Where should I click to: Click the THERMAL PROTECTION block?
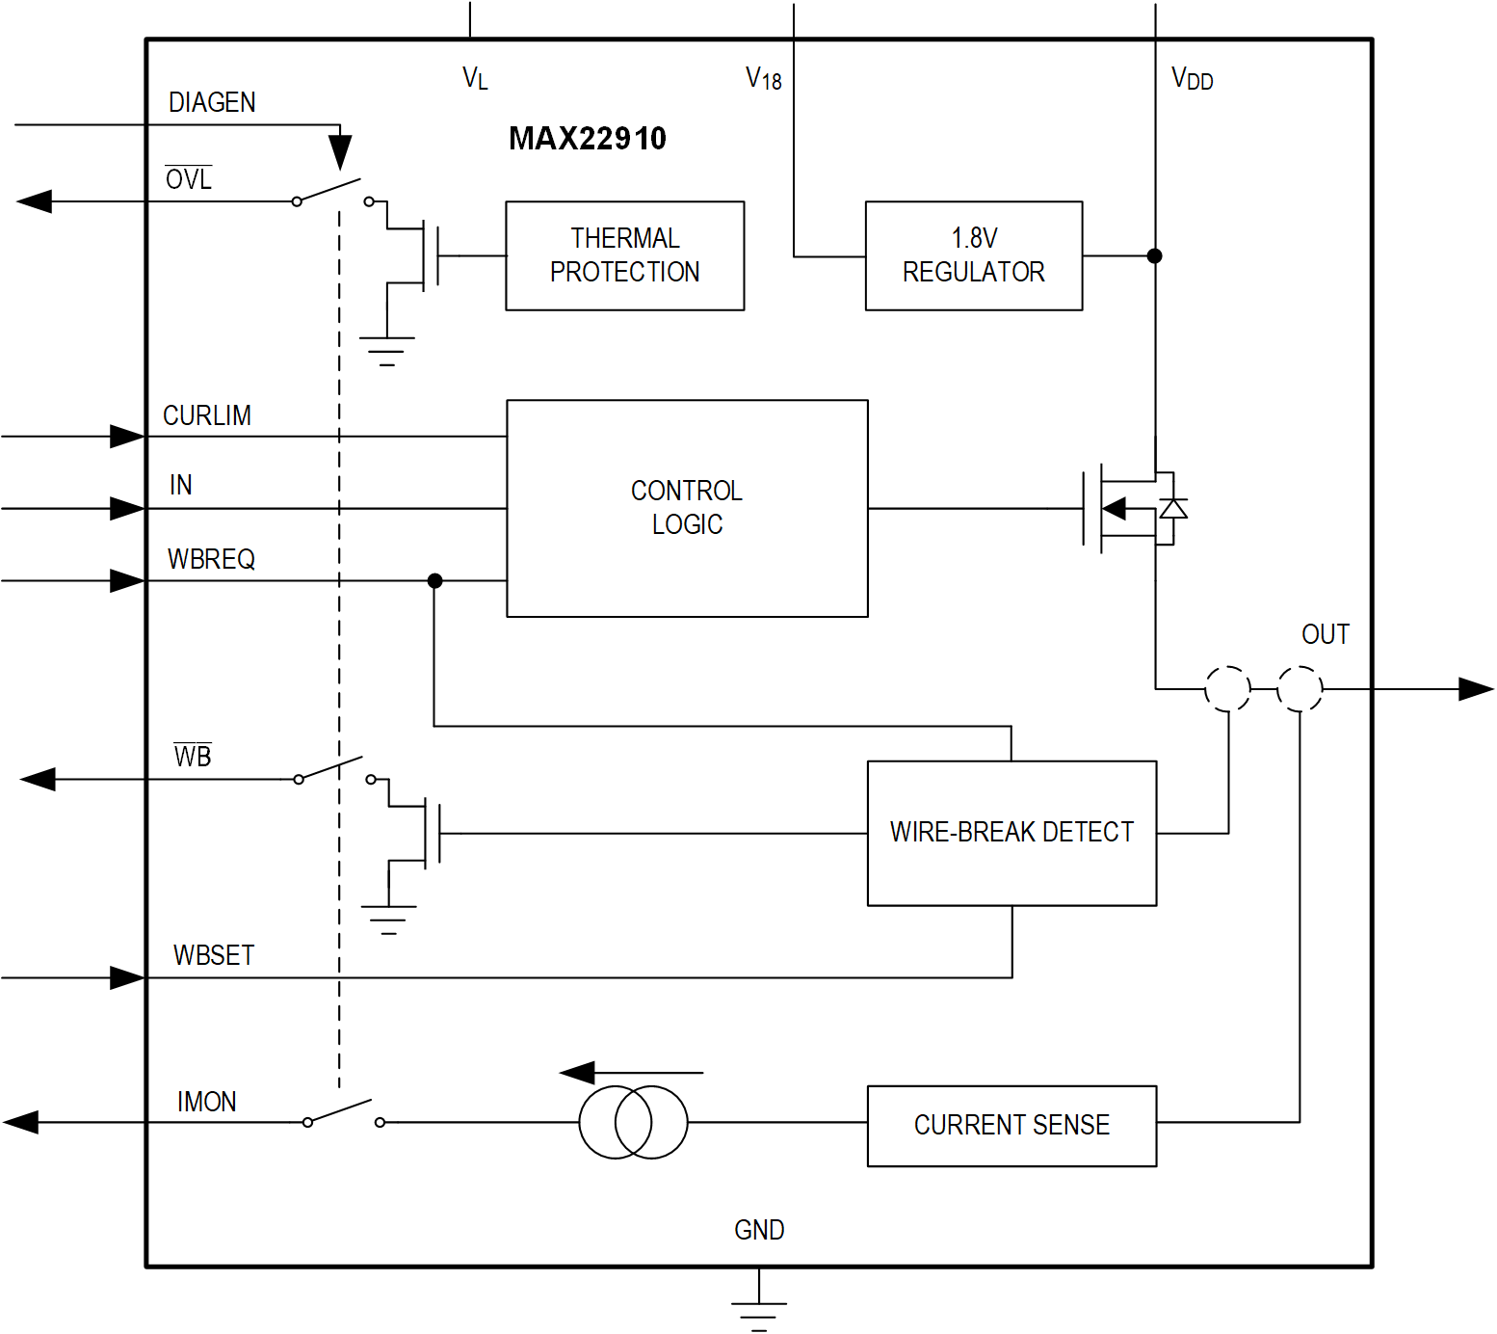[624, 255]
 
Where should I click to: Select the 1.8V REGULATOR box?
[973, 255]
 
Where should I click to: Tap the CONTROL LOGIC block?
[687, 508]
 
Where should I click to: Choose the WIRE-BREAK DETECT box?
[1011, 833]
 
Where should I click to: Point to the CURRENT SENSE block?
[1011, 1125]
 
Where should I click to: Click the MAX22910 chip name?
[587, 139]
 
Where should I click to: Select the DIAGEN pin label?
[212, 102]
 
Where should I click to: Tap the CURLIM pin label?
[207, 415]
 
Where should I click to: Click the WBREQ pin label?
[211, 559]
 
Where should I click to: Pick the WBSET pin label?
[214, 955]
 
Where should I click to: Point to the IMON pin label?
[206, 1102]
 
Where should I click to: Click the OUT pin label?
[1325, 634]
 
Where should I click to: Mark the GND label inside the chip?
[759, 1230]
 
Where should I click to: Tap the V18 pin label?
[764, 79]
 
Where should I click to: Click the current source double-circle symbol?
[633, 1122]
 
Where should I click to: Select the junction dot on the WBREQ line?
[434, 580]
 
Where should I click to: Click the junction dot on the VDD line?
[1154, 255]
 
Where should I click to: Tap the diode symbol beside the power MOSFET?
[1172, 508]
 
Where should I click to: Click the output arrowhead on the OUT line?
[1475, 689]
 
